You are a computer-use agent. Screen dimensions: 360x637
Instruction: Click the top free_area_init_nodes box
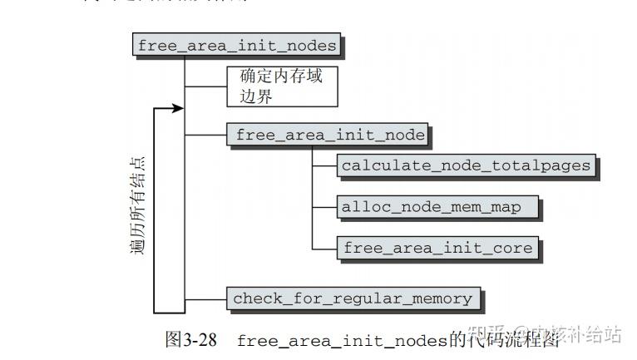click(237, 45)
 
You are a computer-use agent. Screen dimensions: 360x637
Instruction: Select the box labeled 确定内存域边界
click(282, 86)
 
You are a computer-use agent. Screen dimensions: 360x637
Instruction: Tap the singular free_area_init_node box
click(329, 135)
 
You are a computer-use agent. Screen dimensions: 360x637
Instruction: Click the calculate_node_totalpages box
click(466, 165)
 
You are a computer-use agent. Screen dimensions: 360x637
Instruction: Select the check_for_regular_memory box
click(353, 298)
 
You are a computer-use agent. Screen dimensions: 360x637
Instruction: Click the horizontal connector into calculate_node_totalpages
click(324, 166)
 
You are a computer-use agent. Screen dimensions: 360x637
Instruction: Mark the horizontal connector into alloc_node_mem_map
click(324, 208)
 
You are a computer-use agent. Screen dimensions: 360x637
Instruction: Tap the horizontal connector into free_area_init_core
click(324, 249)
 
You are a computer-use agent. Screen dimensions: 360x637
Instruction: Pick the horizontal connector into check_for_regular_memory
click(205, 298)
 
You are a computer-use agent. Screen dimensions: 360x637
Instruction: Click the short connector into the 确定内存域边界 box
click(205, 86)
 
